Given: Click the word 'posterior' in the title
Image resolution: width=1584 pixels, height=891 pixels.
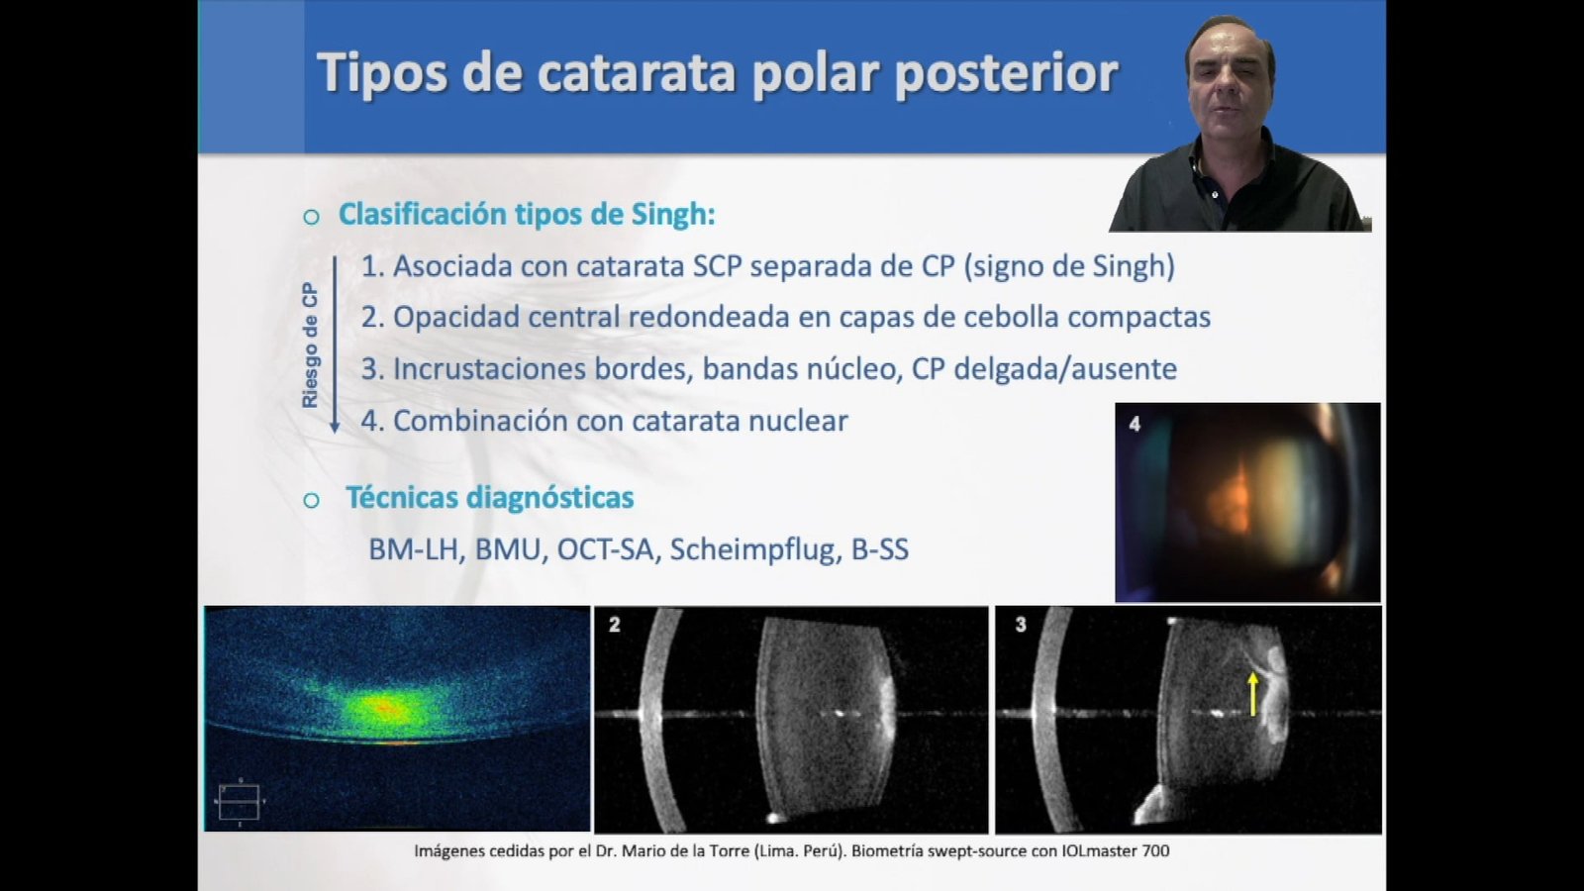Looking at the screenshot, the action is tap(1006, 74).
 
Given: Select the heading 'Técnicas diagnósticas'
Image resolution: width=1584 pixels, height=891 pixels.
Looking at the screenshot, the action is tap(489, 498).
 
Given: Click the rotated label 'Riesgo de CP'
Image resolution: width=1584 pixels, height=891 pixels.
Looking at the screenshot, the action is tap(310, 346).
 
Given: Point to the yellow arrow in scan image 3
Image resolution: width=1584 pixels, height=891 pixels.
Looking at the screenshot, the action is tap(1253, 694).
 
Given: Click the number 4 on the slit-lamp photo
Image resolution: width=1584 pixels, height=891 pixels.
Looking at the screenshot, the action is tap(1135, 424).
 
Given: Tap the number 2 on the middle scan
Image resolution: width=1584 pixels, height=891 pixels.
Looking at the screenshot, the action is tap(614, 625).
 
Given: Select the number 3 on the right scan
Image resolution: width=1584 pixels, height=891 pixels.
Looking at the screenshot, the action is tap(1021, 625).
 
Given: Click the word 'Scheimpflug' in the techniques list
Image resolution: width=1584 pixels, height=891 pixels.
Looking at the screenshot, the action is tap(752, 550).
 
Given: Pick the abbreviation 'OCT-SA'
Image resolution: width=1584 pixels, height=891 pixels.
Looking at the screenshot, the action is tap(605, 550).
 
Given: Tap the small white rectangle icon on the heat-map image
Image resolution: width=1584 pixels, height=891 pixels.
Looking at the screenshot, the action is tap(239, 802).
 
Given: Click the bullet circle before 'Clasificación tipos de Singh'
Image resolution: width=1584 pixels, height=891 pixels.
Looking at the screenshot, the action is tap(311, 217).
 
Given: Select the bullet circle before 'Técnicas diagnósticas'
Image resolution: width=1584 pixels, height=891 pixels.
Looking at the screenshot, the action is tap(311, 501).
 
